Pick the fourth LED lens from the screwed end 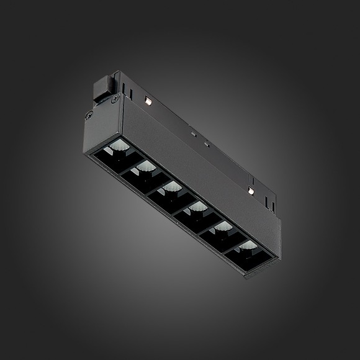tap(197, 207)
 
